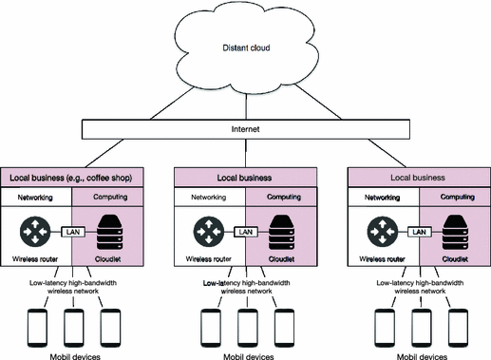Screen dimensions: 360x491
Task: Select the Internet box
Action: click(246, 129)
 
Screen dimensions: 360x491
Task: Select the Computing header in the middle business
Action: click(281, 197)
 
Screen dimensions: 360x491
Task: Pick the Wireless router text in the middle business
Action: click(212, 257)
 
